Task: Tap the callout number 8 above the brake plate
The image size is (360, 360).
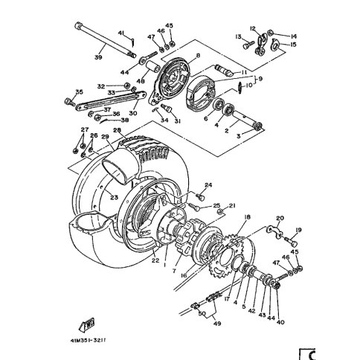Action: tap(198, 57)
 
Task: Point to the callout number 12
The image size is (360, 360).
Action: tap(253, 28)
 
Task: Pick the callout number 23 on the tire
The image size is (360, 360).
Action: tap(114, 197)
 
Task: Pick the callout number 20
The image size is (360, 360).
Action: tap(280, 219)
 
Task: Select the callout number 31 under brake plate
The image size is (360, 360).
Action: tap(177, 120)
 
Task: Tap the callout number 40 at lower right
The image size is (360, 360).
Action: tap(280, 321)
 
